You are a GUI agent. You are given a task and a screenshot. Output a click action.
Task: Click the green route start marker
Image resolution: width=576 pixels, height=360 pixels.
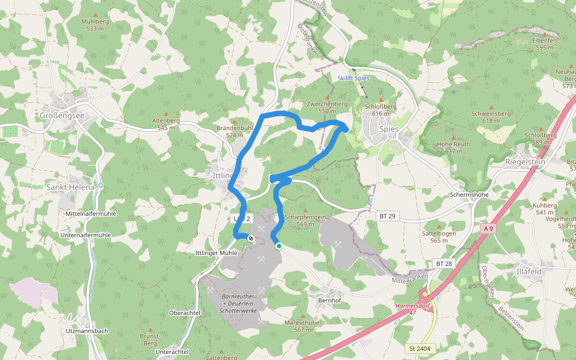pyautogui.click(x=279, y=245)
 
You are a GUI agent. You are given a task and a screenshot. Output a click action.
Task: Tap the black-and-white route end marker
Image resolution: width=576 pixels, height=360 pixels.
pyautogui.click(x=250, y=239)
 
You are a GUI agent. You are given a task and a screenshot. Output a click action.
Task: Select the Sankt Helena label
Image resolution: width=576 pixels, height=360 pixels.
pyautogui.click(x=70, y=187)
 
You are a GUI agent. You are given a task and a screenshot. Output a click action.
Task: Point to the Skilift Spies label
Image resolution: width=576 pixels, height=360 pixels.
pyautogui.click(x=353, y=78)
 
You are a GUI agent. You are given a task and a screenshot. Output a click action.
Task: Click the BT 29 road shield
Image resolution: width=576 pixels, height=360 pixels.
pyautogui.click(x=387, y=215)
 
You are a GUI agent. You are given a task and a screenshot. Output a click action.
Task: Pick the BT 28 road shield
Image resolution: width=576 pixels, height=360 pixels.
pyautogui.click(x=443, y=263)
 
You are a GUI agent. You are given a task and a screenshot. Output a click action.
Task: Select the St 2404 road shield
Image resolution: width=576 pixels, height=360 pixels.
pyautogui.click(x=419, y=348)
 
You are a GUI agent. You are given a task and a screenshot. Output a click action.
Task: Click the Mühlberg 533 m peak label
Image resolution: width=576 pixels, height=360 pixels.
pyautogui.click(x=95, y=25)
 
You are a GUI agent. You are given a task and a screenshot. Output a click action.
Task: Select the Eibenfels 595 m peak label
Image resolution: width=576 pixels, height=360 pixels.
pyautogui.click(x=545, y=43)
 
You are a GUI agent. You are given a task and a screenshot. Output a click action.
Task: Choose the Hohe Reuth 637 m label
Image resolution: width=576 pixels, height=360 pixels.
pyautogui.click(x=454, y=148)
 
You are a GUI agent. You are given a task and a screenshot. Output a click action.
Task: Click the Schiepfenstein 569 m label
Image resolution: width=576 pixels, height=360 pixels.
pyautogui.click(x=306, y=220)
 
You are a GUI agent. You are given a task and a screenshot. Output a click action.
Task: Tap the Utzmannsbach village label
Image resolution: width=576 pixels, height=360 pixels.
pyautogui.click(x=88, y=331)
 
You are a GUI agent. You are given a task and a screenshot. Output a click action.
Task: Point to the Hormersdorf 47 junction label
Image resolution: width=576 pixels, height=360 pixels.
pyautogui.click(x=413, y=309)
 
